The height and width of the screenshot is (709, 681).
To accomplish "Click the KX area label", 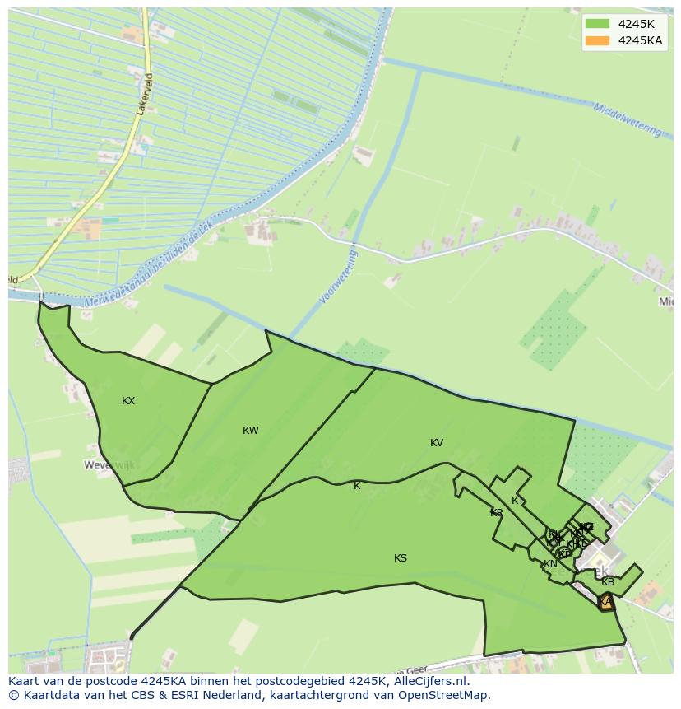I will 128,401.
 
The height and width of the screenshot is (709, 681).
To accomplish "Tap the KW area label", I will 251,431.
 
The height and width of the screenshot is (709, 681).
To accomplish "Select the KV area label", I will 437,443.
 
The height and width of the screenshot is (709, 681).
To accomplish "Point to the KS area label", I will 401,558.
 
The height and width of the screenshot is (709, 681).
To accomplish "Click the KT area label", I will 518,501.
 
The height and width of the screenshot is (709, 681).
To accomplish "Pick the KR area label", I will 497,513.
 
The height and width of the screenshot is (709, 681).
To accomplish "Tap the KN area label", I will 550,564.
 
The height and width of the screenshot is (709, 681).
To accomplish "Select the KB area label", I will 608,582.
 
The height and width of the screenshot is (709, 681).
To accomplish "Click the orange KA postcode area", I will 606,602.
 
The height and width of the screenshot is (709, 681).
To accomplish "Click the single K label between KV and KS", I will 357,486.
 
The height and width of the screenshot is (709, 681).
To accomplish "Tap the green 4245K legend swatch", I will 598,24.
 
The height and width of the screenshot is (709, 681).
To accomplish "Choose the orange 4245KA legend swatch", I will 598,40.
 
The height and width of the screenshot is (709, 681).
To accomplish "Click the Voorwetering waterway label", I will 339,278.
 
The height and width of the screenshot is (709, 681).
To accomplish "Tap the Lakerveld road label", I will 147,93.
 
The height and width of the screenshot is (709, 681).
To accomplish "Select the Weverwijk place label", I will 109,465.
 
